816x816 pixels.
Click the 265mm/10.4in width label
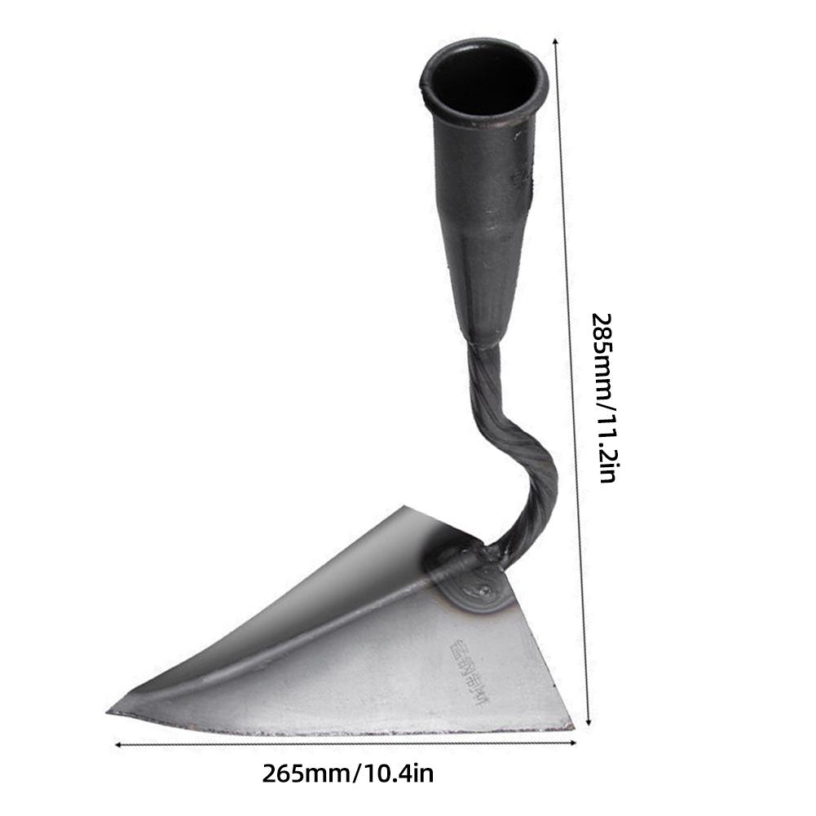pyautogui.click(x=347, y=772)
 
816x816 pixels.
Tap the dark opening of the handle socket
pyautogui.click(x=484, y=78)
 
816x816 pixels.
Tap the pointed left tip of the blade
pyautogui.click(x=112, y=712)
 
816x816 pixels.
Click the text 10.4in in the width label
pyautogui.click(x=396, y=772)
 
